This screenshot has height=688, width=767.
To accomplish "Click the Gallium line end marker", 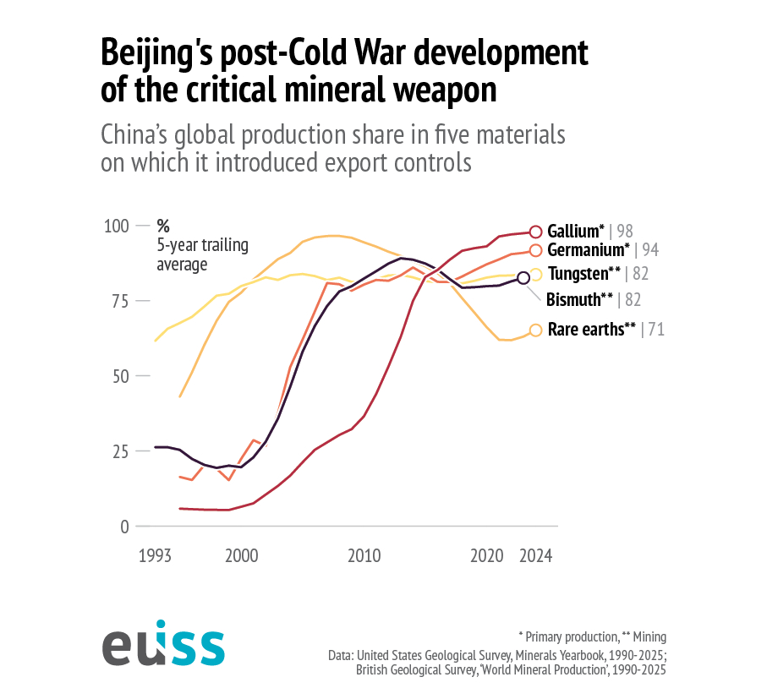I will (x=534, y=232).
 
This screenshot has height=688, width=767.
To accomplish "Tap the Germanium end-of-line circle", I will (x=534, y=250).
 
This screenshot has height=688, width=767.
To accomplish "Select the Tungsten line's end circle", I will (x=535, y=274).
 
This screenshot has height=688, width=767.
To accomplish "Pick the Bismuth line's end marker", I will (x=523, y=277).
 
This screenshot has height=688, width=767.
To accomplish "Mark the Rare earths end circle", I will (x=534, y=330).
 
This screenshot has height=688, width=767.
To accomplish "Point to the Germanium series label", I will (x=589, y=250).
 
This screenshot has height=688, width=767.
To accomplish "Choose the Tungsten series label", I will (x=584, y=274).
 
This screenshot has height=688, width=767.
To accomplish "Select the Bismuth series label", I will (x=579, y=299).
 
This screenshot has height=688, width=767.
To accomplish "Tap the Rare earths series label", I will (x=591, y=330).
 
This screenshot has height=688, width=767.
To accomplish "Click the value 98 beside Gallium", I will (x=625, y=232).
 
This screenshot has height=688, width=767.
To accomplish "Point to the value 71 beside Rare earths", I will (x=655, y=330).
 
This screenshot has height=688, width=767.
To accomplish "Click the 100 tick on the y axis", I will (x=116, y=226).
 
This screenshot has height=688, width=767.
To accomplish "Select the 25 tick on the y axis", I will (x=119, y=450).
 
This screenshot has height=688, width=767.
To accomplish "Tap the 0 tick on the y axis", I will (x=123, y=526).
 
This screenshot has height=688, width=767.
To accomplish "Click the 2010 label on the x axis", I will (x=364, y=556).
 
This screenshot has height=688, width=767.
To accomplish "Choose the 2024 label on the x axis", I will (x=536, y=556).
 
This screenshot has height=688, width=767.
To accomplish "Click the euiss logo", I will (x=163, y=647).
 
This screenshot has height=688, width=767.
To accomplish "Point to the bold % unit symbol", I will (x=163, y=227).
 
